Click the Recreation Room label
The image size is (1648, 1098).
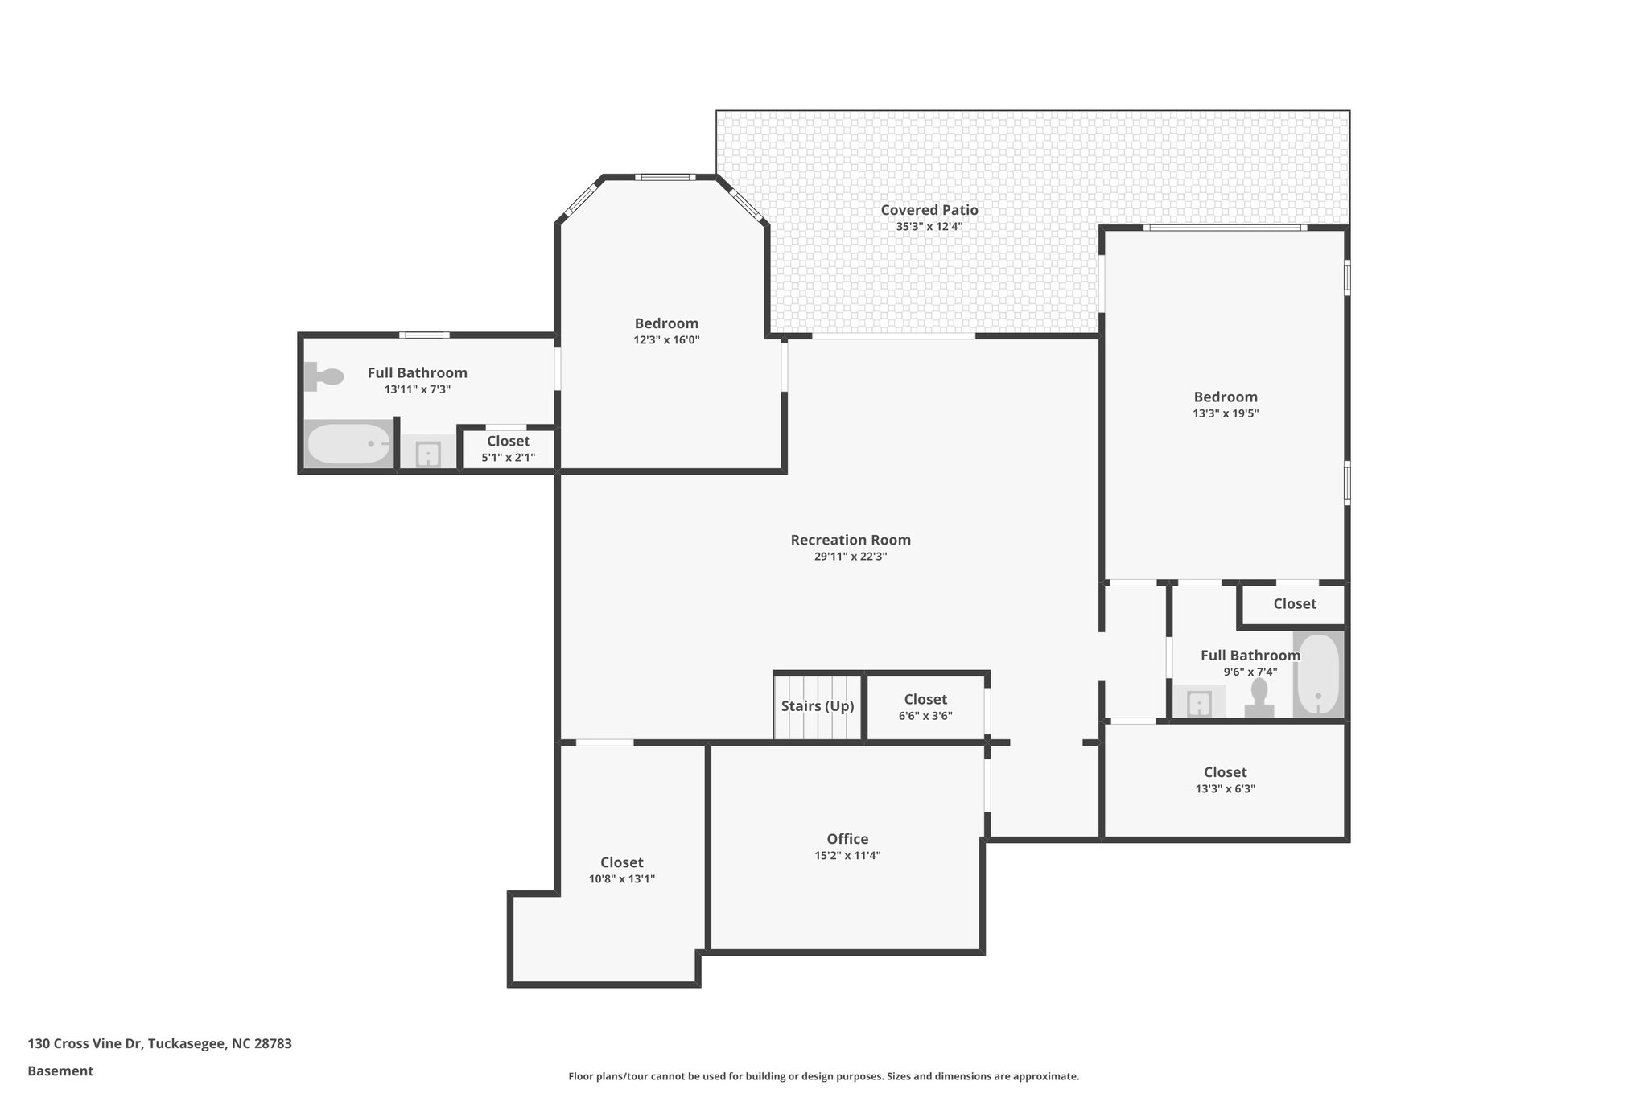point(851,540)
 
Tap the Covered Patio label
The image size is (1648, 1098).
point(929,210)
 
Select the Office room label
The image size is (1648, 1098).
point(847,839)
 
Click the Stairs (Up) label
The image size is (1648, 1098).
point(817,706)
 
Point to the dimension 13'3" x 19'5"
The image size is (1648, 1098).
point(1225,413)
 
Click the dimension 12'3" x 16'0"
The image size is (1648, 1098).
point(666,340)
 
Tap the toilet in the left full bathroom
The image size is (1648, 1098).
point(324,376)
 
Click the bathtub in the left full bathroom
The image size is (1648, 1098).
point(348,444)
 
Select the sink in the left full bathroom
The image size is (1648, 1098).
point(428,454)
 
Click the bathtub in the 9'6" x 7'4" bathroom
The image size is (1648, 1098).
point(1317,674)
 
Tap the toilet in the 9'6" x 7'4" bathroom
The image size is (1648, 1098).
point(1259,697)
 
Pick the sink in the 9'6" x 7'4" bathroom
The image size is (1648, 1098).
point(1199,702)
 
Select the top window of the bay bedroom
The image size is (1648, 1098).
point(665,177)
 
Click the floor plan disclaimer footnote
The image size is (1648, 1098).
point(823,1076)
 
